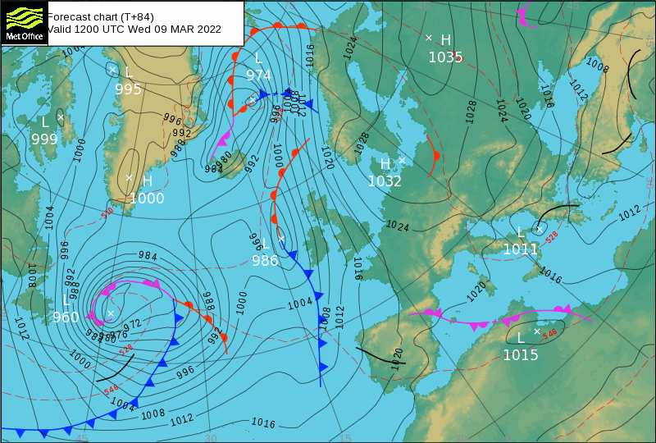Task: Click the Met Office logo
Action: coord(23,22)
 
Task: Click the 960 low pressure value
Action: coord(66,317)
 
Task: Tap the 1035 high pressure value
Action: coord(445,57)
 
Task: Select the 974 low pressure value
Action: coord(258,75)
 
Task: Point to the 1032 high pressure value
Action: coord(385,181)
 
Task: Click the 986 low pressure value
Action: coord(265,261)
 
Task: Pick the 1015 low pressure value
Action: coord(521,355)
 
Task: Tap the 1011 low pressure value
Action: coord(520,249)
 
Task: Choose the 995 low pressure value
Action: coord(128,89)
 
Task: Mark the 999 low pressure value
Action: coord(44,139)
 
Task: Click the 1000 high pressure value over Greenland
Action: coord(147,198)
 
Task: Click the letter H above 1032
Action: coord(385,164)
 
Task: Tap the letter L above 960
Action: coord(66,300)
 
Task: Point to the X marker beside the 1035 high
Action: coord(428,38)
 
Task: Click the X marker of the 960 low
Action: coord(111,313)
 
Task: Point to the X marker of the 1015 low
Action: coord(537,331)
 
